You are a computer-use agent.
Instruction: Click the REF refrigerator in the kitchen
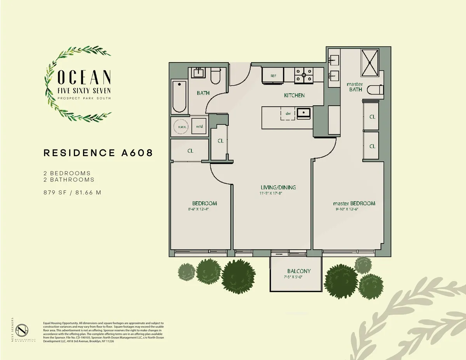coord(273,75)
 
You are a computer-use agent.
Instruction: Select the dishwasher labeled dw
coord(288,114)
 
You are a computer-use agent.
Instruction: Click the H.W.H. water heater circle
coord(181,126)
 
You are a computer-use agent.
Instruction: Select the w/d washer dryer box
coord(199,126)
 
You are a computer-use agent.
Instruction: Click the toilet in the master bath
coord(374,89)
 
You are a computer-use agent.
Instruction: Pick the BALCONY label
coord(299,271)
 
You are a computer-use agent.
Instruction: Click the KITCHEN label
coord(294,95)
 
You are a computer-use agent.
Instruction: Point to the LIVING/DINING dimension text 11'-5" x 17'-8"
coord(272,193)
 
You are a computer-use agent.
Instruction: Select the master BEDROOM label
coord(354,203)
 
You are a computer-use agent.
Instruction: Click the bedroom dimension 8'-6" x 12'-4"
coord(198,209)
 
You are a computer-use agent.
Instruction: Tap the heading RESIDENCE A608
coord(98,153)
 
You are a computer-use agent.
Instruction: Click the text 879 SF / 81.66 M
coord(72,191)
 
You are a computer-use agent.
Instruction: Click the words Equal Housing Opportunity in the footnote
coord(59,323)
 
